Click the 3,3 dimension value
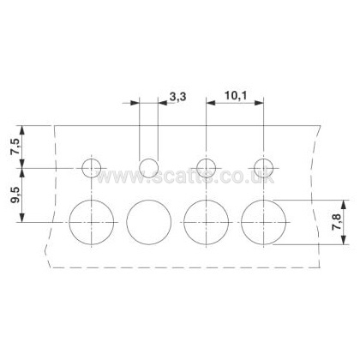pyautogui.click(x=177, y=97)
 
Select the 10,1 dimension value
pyautogui.click(x=236, y=95)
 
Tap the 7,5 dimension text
pyautogui.click(x=15, y=146)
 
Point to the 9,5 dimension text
pyautogui.click(x=15, y=195)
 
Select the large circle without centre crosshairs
pyautogui.click(x=127, y=222)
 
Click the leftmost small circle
pyautogui.click(x=82, y=168)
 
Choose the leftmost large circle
pyautogui.click(x=69, y=222)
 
